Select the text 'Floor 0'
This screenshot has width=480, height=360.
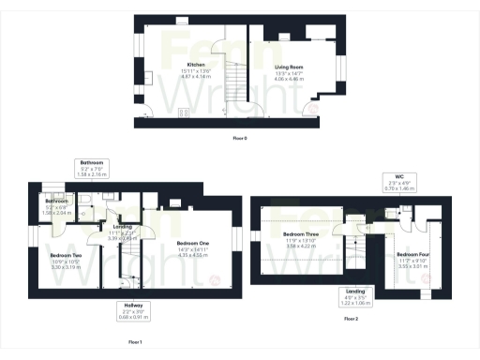click(x=240, y=139)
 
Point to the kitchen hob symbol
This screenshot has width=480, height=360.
click(x=184, y=112)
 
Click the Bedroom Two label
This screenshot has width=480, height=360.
click(x=66, y=255)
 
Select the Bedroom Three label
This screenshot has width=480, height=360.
click(x=301, y=233)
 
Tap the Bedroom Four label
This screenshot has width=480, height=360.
click(x=412, y=254)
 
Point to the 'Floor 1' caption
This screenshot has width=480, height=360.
click(x=134, y=342)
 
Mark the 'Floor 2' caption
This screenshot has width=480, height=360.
click(x=352, y=320)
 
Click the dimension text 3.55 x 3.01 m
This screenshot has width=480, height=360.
click(x=412, y=265)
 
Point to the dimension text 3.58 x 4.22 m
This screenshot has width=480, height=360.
click(x=301, y=245)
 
